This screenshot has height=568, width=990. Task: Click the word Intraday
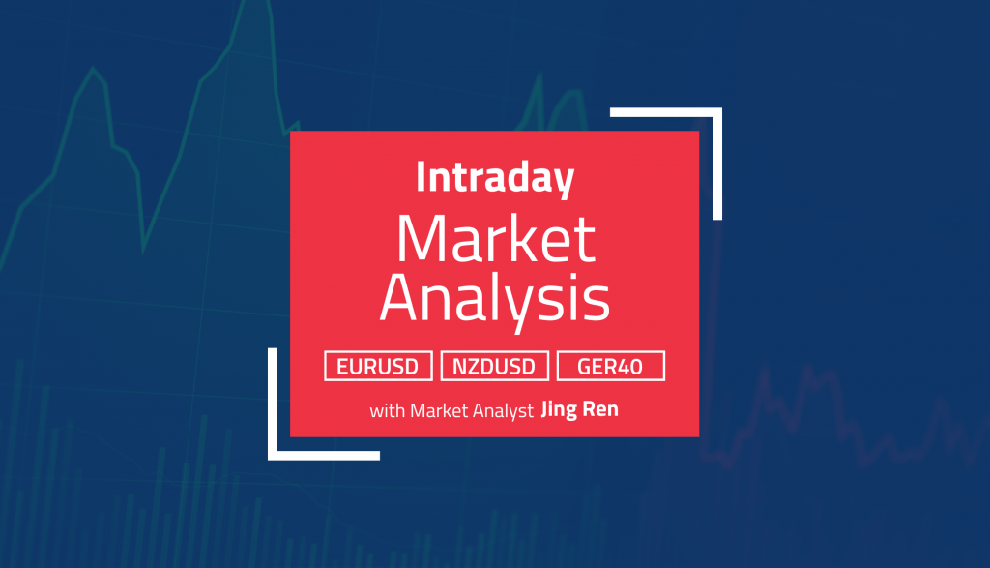pyautogui.click(x=495, y=179)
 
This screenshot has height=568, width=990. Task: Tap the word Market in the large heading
pyautogui.click(x=495, y=240)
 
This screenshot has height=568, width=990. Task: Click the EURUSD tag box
pyautogui.click(x=378, y=367)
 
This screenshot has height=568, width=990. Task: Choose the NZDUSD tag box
pyautogui.click(x=495, y=367)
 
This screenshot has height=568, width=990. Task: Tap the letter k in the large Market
pyautogui.click(x=522, y=239)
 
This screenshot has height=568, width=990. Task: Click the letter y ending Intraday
pyautogui.click(x=564, y=184)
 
